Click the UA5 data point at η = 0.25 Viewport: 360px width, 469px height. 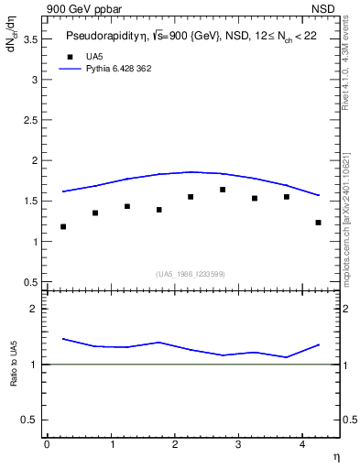(x=62, y=226)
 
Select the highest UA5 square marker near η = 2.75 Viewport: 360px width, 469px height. (x=223, y=190)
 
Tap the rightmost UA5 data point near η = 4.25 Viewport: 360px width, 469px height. (x=318, y=223)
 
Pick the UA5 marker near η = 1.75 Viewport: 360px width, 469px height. (x=158, y=210)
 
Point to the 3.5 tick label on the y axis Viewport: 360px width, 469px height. (x=31, y=39)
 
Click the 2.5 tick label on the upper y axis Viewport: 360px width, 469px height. (x=31, y=120)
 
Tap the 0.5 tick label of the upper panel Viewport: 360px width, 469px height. (x=31, y=282)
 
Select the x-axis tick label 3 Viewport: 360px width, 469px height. (x=238, y=444)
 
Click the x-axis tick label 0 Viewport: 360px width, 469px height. (x=47, y=444)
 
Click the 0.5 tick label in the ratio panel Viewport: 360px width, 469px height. (x=31, y=420)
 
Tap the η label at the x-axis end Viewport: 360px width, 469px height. (x=335, y=455)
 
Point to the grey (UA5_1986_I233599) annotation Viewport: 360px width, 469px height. (x=190, y=275)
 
